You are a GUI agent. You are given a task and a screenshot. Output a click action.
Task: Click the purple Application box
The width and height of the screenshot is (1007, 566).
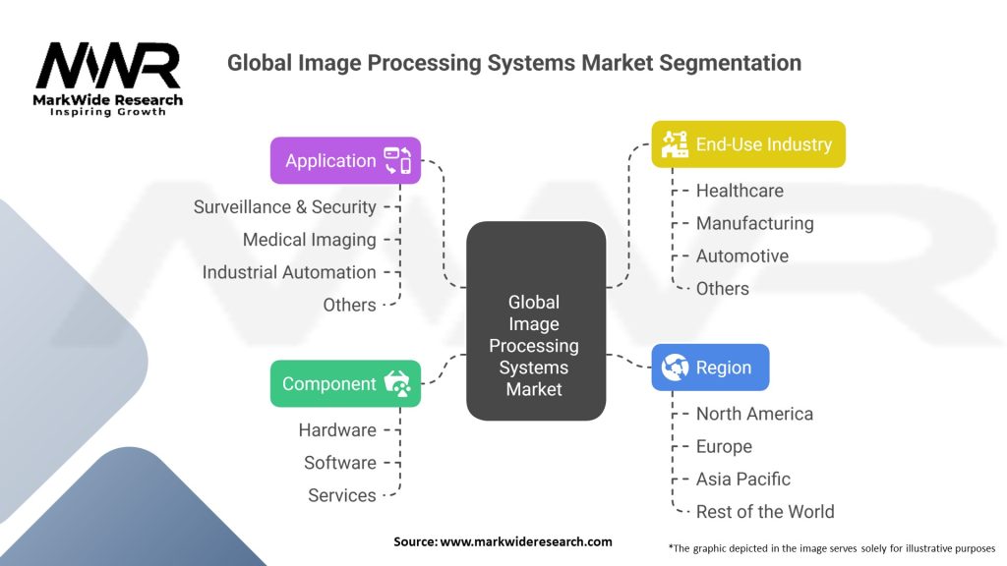[x=345, y=160]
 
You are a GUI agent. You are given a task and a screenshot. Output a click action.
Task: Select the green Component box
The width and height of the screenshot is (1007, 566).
[x=345, y=384]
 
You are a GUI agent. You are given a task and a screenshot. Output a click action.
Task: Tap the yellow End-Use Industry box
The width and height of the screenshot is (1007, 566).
[x=748, y=144]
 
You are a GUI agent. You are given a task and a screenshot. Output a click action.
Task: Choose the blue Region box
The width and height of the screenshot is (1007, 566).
[x=710, y=368]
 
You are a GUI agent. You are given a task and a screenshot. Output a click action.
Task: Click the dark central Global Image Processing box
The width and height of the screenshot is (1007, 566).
[x=536, y=321]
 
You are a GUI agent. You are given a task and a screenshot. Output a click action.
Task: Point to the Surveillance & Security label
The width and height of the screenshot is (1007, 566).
[x=284, y=207]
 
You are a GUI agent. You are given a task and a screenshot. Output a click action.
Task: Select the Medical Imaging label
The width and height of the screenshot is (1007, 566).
[x=310, y=240]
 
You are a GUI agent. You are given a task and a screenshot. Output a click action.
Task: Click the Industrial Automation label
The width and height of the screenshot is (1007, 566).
[x=289, y=272]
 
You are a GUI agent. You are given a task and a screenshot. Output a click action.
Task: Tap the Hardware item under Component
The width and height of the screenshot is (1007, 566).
[x=337, y=430]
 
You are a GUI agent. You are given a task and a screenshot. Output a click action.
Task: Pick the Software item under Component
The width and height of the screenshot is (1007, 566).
[x=339, y=463]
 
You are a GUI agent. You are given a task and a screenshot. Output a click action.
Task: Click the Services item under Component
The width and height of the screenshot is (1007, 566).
[x=341, y=495]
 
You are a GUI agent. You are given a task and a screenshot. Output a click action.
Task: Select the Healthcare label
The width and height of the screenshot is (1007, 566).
[x=740, y=191]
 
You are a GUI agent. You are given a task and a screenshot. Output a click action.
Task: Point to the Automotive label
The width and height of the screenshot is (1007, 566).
[x=742, y=256]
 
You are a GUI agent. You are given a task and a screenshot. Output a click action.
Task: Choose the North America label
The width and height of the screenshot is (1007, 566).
[x=754, y=414]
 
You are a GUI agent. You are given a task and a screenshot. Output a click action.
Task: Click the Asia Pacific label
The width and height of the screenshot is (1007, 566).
[x=743, y=480]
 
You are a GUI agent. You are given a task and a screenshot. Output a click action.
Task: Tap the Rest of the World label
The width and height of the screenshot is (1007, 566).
[x=765, y=512]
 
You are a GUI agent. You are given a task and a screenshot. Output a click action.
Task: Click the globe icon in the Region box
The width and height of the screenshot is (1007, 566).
[x=675, y=368]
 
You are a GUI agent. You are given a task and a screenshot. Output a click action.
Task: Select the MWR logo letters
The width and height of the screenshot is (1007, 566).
[x=108, y=66]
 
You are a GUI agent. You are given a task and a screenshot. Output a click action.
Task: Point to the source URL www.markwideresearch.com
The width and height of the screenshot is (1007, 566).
[x=526, y=541]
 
